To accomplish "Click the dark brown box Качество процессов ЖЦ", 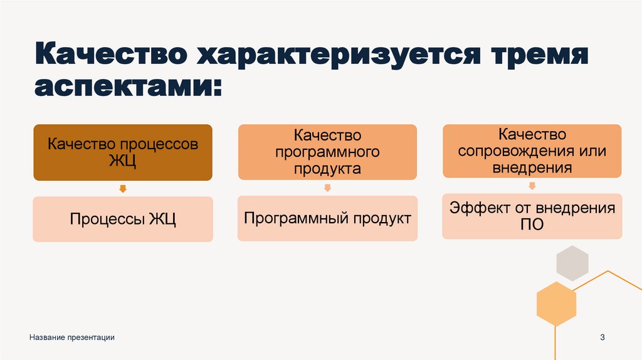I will click(123, 153).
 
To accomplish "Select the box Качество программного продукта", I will click(327, 152).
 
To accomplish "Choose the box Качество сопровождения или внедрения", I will click(532, 151).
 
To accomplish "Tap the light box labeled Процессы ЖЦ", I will click(123, 220).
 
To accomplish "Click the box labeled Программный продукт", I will click(327, 218).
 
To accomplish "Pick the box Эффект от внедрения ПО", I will click(532, 216).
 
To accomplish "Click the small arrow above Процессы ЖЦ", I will click(123, 188).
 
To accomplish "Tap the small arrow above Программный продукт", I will click(327, 187).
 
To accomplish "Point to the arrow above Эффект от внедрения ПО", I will click(532, 186).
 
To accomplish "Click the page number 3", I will click(603, 338).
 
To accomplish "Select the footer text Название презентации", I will click(71, 338).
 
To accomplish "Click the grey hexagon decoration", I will click(572, 263).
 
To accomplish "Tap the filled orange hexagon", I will click(556, 304).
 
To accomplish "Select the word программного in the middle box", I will click(327, 152).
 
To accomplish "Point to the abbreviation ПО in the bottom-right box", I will click(532, 225).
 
